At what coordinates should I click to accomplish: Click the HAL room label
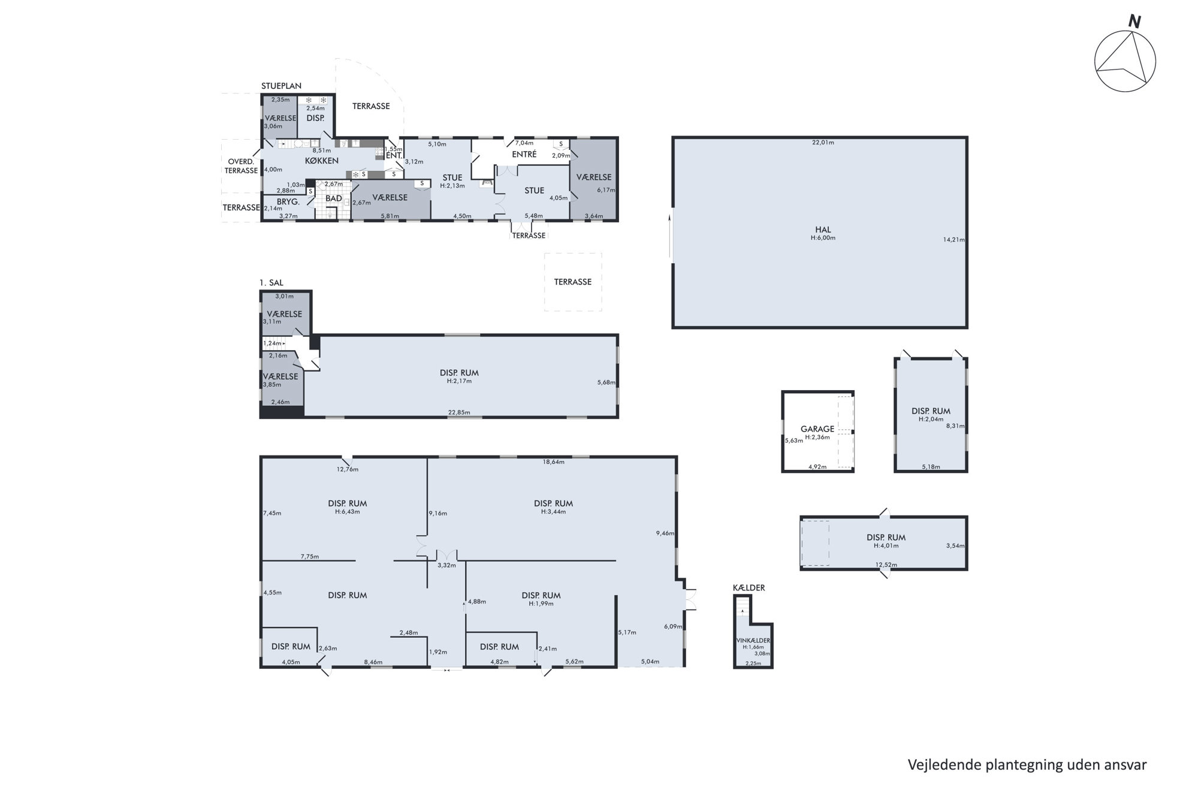coord(823,230)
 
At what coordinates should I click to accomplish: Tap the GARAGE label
coord(817,429)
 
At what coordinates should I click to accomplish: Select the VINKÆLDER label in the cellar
coord(753,641)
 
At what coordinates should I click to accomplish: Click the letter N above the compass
coord(1134,22)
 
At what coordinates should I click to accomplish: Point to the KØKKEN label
coord(322,161)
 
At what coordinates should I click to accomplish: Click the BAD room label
coord(334,198)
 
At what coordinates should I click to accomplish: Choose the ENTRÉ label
coord(524,154)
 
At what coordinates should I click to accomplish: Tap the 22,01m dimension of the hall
coord(823,143)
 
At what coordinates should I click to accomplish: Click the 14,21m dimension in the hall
coord(954,240)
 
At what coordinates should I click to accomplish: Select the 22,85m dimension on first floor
coord(459,412)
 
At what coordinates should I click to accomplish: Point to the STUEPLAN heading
coord(281,86)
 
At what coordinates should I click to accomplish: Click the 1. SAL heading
coord(271,283)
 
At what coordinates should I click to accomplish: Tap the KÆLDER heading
coord(749,588)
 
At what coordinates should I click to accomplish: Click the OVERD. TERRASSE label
coord(241,166)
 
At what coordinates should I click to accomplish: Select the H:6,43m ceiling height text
coord(348,512)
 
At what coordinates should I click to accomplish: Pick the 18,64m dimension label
coord(553,462)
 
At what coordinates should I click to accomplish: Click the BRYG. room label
coord(288,202)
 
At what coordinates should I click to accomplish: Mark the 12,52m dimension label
coord(887,565)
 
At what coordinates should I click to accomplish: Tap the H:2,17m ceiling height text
coord(459,381)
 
